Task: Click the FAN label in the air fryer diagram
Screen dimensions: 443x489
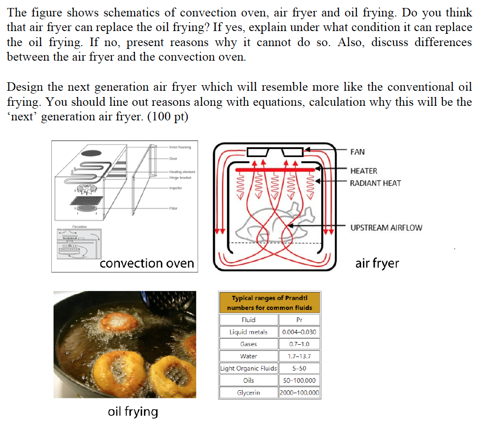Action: [x=357, y=152]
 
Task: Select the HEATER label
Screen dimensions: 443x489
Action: [x=363, y=171]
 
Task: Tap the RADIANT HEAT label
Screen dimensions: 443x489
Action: [x=375, y=183]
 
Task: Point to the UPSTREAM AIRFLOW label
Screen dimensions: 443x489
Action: [x=386, y=228]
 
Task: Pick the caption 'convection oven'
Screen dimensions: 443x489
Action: [x=147, y=263]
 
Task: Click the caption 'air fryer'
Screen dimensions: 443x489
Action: [x=377, y=263]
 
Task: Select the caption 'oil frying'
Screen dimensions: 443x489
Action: [x=133, y=411]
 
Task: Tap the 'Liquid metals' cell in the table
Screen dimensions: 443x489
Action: [x=248, y=332]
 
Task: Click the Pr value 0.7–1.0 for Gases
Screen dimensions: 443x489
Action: [x=299, y=344]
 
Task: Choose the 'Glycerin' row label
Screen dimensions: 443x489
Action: [x=248, y=393]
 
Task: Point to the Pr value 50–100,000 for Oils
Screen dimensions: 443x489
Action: [x=299, y=380]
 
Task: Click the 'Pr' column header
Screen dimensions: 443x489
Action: [x=299, y=320]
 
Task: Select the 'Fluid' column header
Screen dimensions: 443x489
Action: [x=248, y=320]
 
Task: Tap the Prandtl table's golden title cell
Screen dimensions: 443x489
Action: [x=269, y=303]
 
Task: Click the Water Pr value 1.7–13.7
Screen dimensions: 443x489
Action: [x=299, y=356]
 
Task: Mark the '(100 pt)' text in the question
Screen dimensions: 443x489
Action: [x=168, y=117]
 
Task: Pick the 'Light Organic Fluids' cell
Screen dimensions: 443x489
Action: [x=249, y=368]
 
